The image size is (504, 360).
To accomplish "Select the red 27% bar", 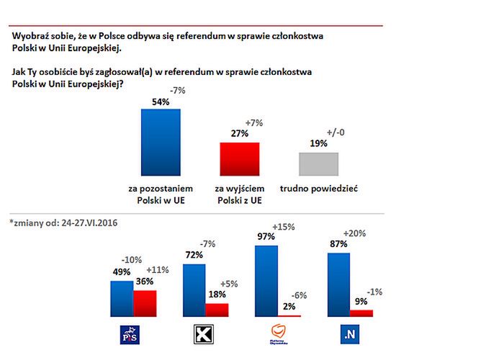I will tap(238, 158).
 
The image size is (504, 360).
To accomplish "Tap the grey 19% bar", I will tap(318, 163).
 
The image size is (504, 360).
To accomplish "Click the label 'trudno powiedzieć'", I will tap(318, 189).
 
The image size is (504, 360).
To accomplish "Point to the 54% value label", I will tap(160, 102).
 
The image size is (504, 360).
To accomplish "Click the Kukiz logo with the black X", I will tap(206, 335).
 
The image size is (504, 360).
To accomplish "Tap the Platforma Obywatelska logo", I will tap(278, 335).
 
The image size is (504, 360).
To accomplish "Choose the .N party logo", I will tap(351, 335).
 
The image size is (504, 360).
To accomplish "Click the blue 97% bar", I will tap(266, 281).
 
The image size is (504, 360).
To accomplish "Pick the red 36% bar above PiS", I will tap(145, 303).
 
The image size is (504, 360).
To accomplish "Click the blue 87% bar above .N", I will tap(338, 284).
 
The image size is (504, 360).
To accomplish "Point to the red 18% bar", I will tap(217, 310).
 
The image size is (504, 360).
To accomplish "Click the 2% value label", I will tap(289, 307).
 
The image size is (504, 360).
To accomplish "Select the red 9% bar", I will tap(361, 313).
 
